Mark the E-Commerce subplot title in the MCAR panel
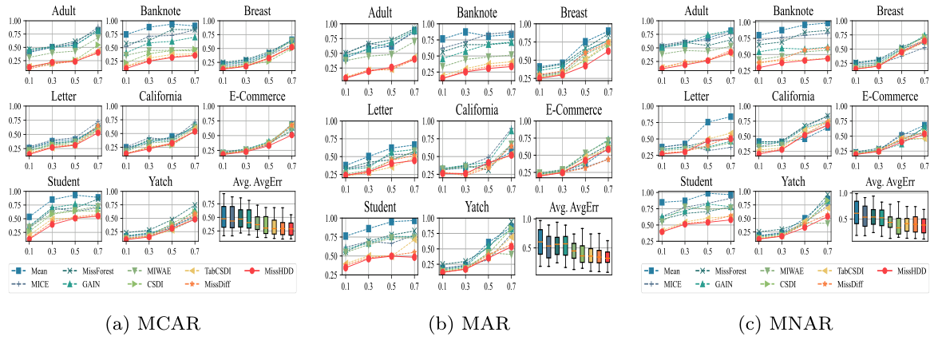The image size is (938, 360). click(247, 97)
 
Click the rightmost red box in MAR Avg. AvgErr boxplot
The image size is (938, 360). click(607, 257)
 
